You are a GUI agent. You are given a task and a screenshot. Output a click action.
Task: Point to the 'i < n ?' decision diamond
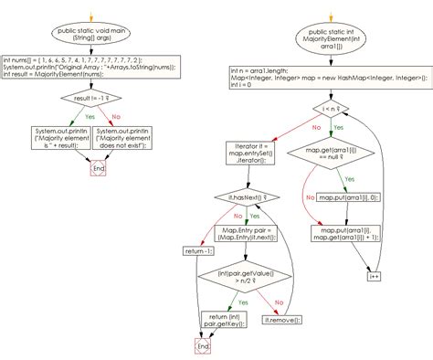point(327,110)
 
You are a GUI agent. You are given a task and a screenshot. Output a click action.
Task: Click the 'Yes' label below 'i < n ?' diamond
point(338,129)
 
